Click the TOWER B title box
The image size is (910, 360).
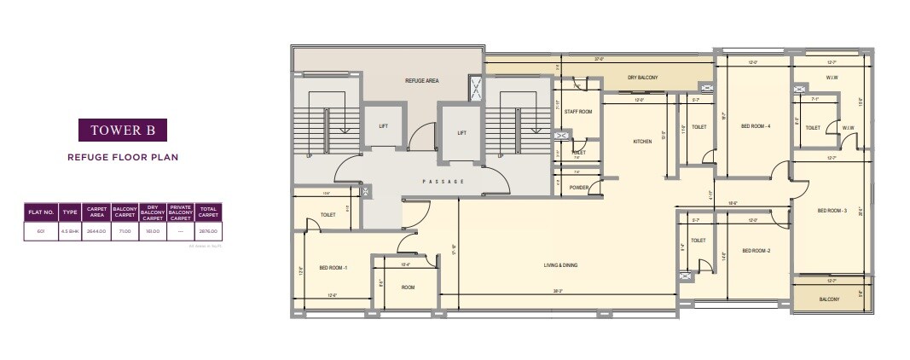coord(122,131)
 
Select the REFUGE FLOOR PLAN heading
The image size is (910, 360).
coord(122,157)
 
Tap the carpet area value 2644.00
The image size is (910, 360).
coord(96,231)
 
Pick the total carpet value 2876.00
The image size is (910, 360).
coord(209,231)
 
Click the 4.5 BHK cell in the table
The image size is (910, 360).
coord(70,231)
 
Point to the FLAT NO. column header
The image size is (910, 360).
coord(41,211)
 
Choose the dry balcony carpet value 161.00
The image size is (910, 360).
coord(153,231)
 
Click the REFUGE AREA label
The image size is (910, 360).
coord(421,80)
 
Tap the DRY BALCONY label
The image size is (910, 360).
coord(642,78)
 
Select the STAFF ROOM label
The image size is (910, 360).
coord(578,111)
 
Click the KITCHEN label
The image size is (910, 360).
coord(642,142)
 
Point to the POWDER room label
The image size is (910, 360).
coord(580,188)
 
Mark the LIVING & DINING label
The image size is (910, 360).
coord(560,265)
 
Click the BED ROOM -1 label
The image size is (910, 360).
coord(333,268)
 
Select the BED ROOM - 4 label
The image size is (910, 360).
coord(756,126)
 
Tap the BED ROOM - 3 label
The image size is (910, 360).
coord(832,211)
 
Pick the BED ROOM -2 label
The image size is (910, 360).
coord(756,251)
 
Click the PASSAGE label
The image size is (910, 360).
coord(443,182)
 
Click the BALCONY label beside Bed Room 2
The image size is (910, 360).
coord(829,299)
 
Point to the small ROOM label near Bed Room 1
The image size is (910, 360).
coord(408,287)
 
